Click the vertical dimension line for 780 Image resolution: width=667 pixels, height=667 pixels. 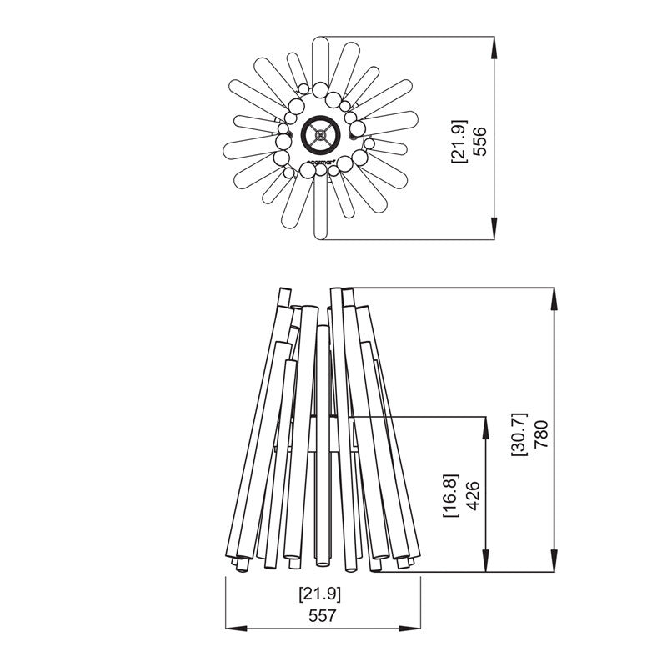(x=554, y=375)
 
